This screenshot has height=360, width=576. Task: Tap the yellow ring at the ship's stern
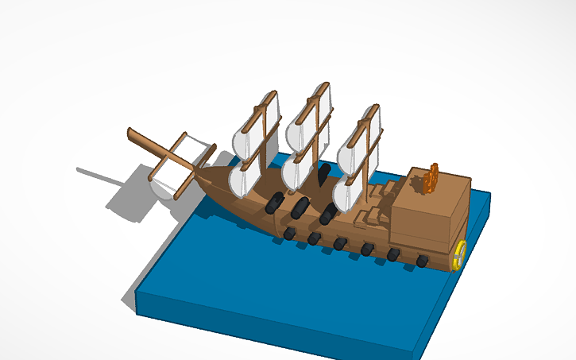(458, 255)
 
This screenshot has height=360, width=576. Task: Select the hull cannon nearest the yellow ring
(422, 260)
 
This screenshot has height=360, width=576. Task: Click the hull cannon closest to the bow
(289, 233)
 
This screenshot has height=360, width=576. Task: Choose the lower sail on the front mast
(242, 179)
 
